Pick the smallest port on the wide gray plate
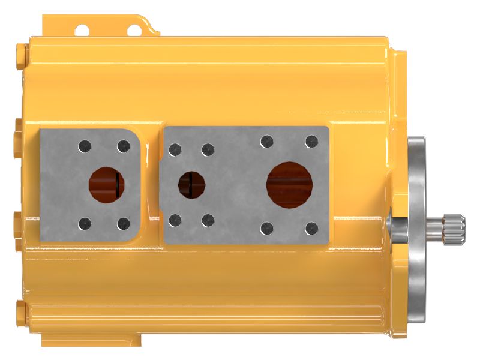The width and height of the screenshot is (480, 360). tap(191, 184)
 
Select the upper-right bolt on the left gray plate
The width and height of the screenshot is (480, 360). tap(124, 146)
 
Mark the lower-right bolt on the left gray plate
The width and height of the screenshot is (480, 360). tap(124, 224)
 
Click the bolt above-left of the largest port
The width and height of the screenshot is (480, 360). tap(267, 142)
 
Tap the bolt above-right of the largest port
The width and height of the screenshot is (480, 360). tap(311, 142)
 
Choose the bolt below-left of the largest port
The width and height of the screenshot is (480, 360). tap(267, 228)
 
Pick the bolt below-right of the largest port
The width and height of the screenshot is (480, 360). tap(311, 228)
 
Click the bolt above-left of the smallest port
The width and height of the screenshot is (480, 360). tap(175, 149)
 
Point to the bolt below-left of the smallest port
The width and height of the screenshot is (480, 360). tap(175, 220)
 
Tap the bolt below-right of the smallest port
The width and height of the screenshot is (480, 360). tap(208, 220)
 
